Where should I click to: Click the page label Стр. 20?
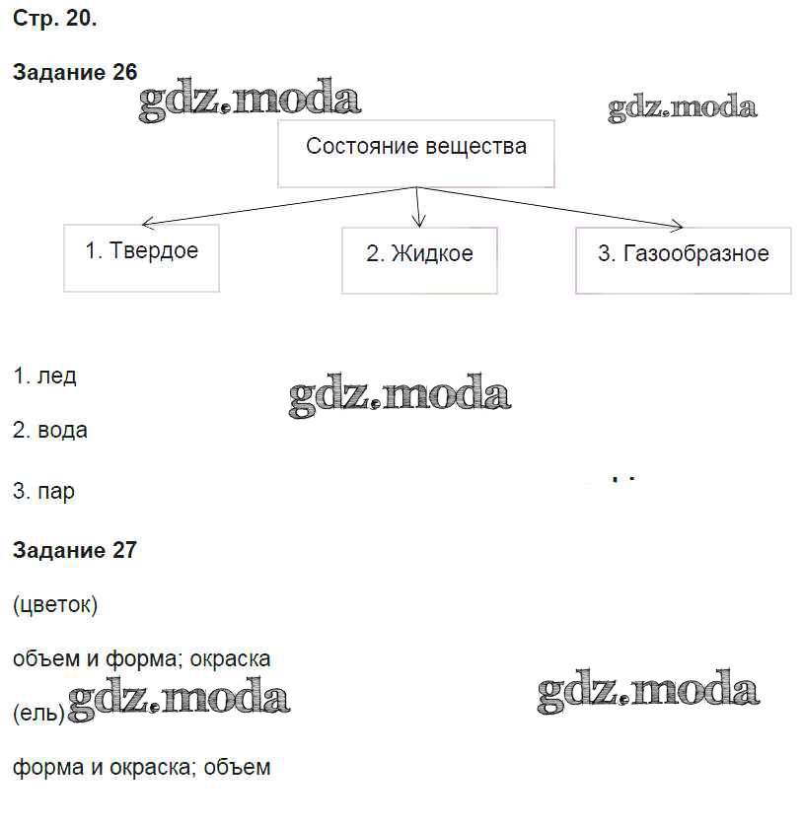(55, 19)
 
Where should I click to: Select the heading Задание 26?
(75, 72)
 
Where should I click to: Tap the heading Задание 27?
(75, 550)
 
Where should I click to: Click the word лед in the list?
(56, 377)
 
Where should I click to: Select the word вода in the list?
(63, 431)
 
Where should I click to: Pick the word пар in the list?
(56, 493)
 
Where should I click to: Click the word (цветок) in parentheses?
(55, 605)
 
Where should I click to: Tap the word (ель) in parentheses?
(38, 714)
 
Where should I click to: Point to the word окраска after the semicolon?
(230, 658)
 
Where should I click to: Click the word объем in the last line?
(237, 767)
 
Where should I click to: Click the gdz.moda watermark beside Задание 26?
(250, 100)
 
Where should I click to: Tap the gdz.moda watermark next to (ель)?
(179, 699)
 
